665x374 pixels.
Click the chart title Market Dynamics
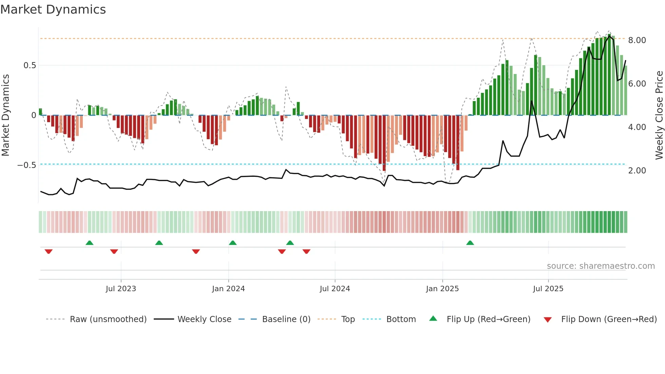(x=53, y=10)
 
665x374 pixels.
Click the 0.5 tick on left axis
(x=30, y=66)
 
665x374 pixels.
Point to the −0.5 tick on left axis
(x=26, y=165)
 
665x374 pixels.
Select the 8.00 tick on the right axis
(x=637, y=40)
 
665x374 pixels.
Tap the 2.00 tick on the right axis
(x=637, y=171)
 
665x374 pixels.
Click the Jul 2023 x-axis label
(x=121, y=289)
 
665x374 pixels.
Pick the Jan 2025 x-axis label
(x=442, y=289)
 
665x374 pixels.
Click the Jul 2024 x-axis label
(x=335, y=289)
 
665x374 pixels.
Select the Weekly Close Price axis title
(x=659, y=115)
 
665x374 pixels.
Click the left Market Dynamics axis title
(x=5, y=115)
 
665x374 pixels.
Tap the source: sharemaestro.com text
(x=601, y=266)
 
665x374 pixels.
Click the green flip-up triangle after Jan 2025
(x=470, y=243)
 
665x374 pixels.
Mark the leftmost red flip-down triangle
(x=49, y=251)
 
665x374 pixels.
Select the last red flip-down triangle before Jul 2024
(x=306, y=251)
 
